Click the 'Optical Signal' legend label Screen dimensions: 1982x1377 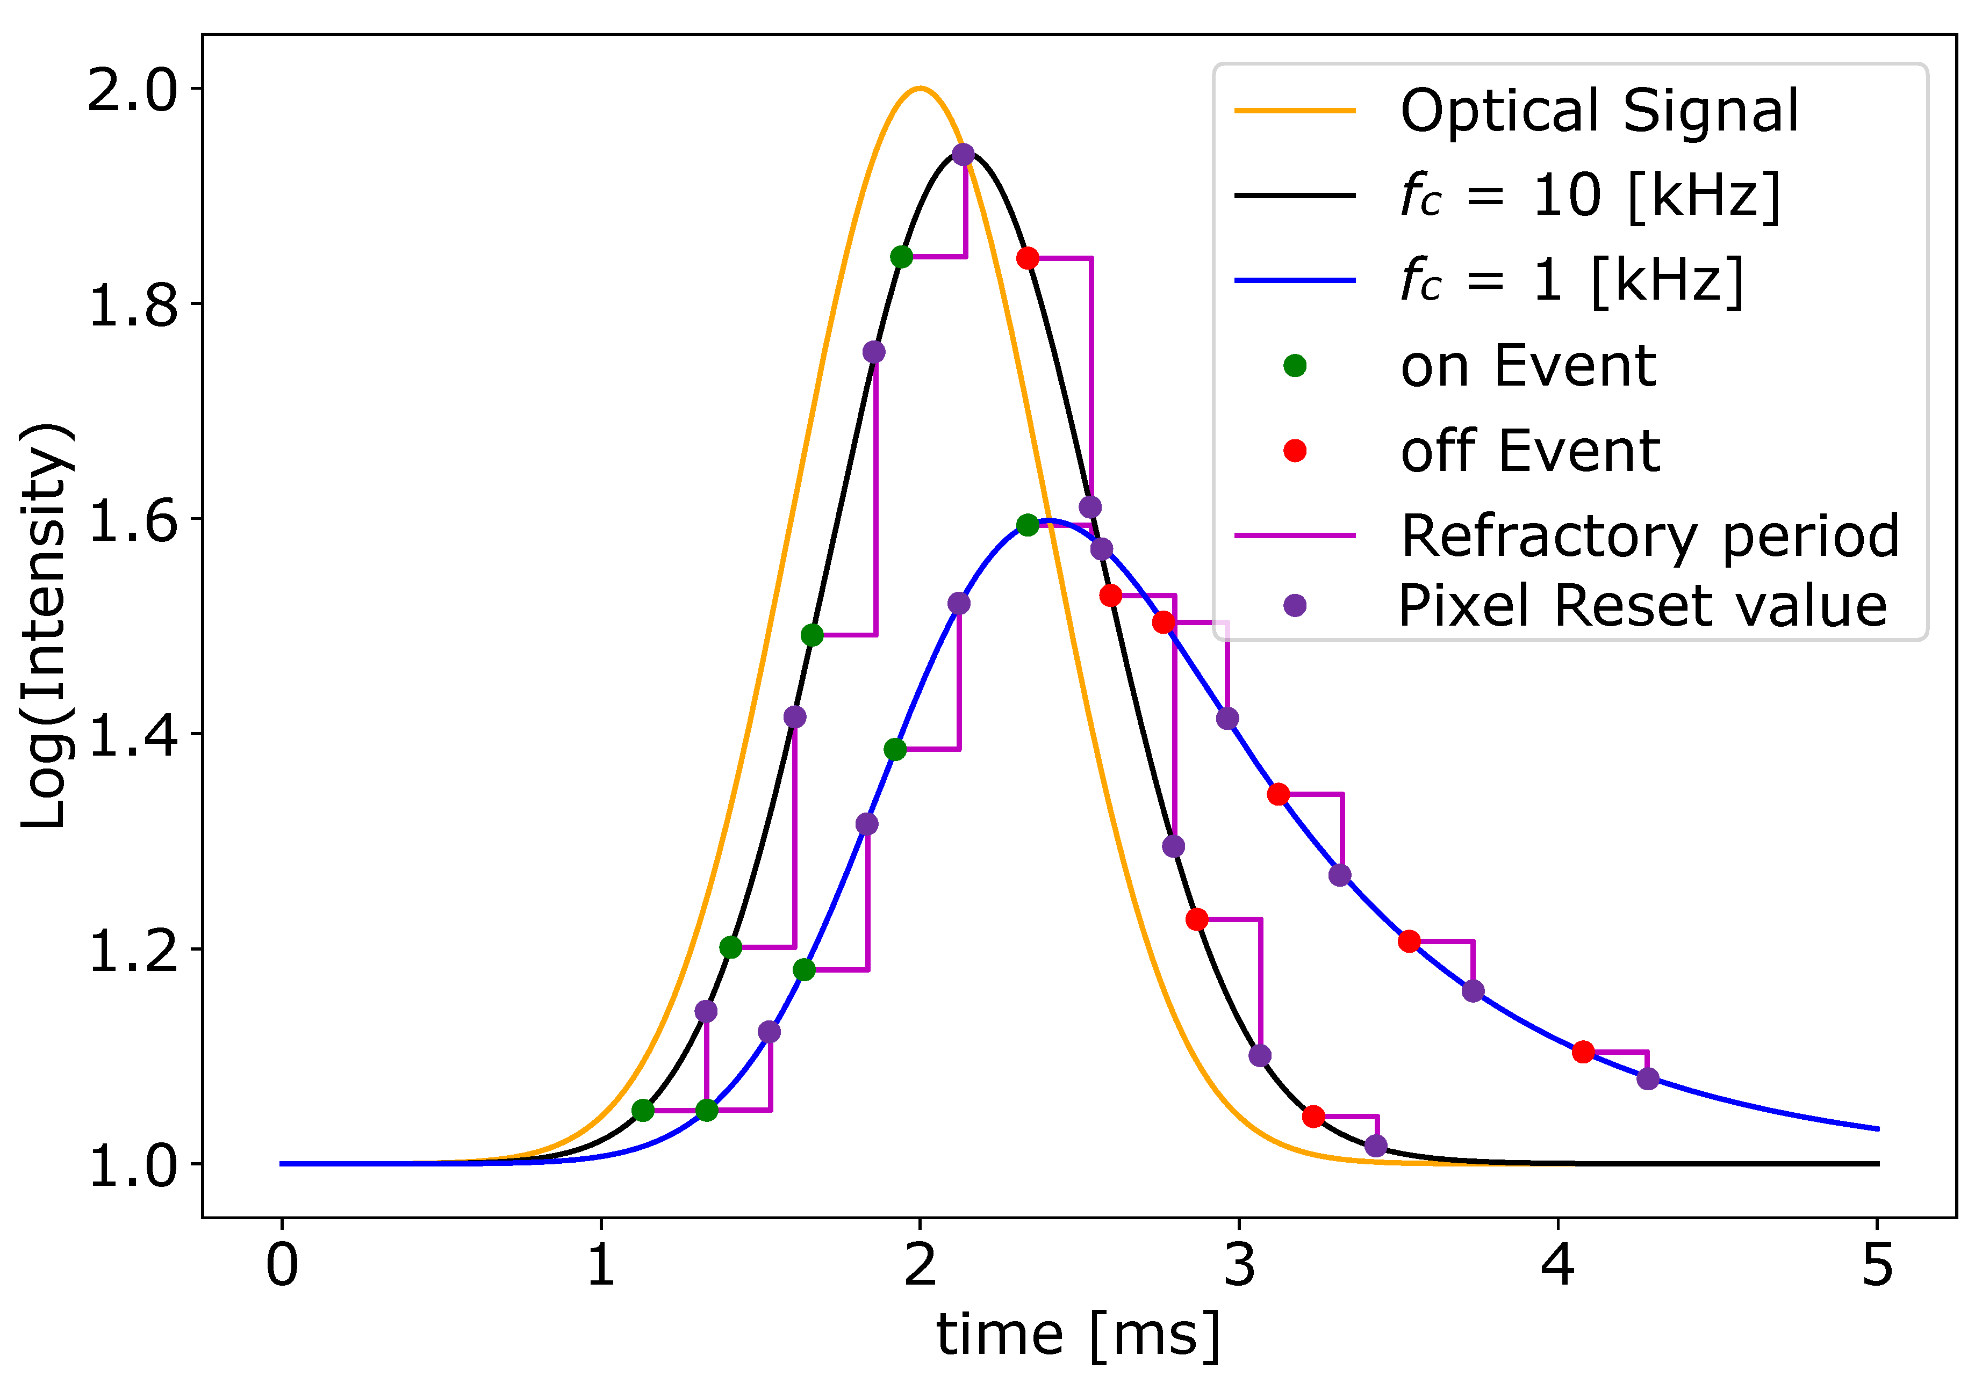[1599, 111]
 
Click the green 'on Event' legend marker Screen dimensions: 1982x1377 [1295, 366]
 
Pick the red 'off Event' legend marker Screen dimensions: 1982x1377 [1295, 451]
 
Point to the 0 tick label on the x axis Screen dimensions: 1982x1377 [282, 1266]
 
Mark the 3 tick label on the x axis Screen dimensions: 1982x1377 [1240, 1266]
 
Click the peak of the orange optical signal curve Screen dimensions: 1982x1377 [920, 88]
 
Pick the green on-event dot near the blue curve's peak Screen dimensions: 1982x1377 [1027, 525]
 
